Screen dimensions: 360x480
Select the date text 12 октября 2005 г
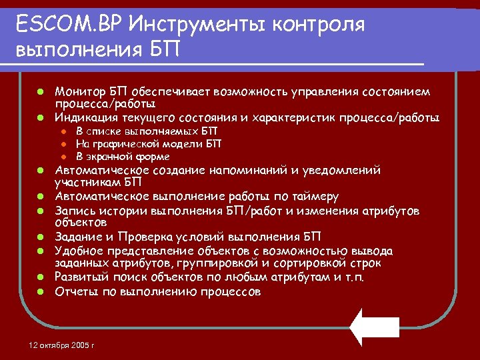(x=63, y=345)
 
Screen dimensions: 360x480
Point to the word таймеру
(x=315, y=196)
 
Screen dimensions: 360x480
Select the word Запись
(x=75, y=211)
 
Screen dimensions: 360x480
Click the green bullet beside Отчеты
(x=41, y=291)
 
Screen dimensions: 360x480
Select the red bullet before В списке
(x=61, y=131)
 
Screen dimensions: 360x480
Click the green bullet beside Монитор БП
(x=41, y=91)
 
